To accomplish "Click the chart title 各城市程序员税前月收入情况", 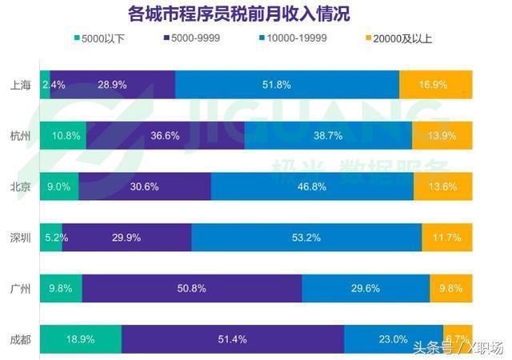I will tap(238, 14).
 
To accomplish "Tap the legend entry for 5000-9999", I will tap(201, 38).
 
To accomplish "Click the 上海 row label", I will tap(21, 85).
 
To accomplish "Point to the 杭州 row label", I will tap(21, 135).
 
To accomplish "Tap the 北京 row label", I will tap(21, 186).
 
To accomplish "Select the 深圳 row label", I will tap(21, 238).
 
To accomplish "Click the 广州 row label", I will tap(21, 288).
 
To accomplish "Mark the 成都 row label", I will tap(21, 339).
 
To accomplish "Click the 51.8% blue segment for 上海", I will tap(286, 85).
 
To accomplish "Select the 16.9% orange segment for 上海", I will tap(435, 85).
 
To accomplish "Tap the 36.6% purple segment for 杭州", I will tap(165, 135).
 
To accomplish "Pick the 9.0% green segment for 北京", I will tap(59, 186).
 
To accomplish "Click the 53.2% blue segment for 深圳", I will tap(306, 238).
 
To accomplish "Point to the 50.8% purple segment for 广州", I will tap(191, 288).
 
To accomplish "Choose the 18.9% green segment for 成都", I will tap(80, 339).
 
